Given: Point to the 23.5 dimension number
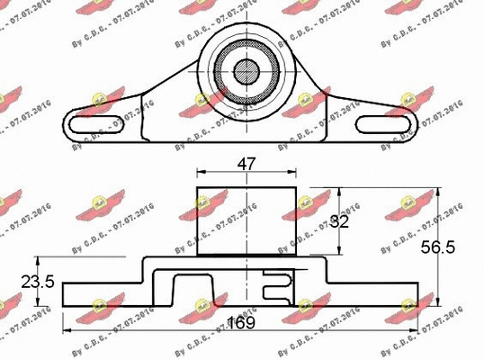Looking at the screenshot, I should click(37, 282).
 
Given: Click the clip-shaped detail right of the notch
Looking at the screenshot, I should click(280, 286).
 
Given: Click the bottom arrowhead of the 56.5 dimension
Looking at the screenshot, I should click(438, 304).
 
